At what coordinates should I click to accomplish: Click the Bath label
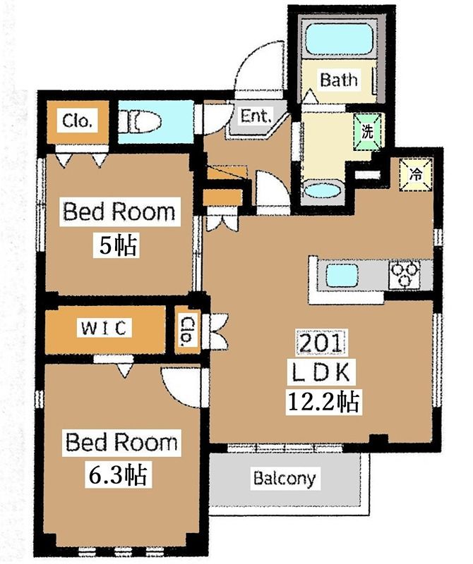339,80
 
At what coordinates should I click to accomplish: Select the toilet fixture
140,121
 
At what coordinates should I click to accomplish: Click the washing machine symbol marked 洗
367,132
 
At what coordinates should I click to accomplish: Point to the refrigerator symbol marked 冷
416,175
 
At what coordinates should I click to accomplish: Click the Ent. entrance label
256,116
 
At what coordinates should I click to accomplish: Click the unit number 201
321,343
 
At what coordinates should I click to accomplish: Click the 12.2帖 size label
323,402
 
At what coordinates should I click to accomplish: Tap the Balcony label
285,478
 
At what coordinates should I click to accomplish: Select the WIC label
104,328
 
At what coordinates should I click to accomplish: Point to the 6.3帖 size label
118,474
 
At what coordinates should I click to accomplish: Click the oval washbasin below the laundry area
322,191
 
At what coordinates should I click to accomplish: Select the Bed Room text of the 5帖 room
119,212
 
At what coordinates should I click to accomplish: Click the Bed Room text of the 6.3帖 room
121,443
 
